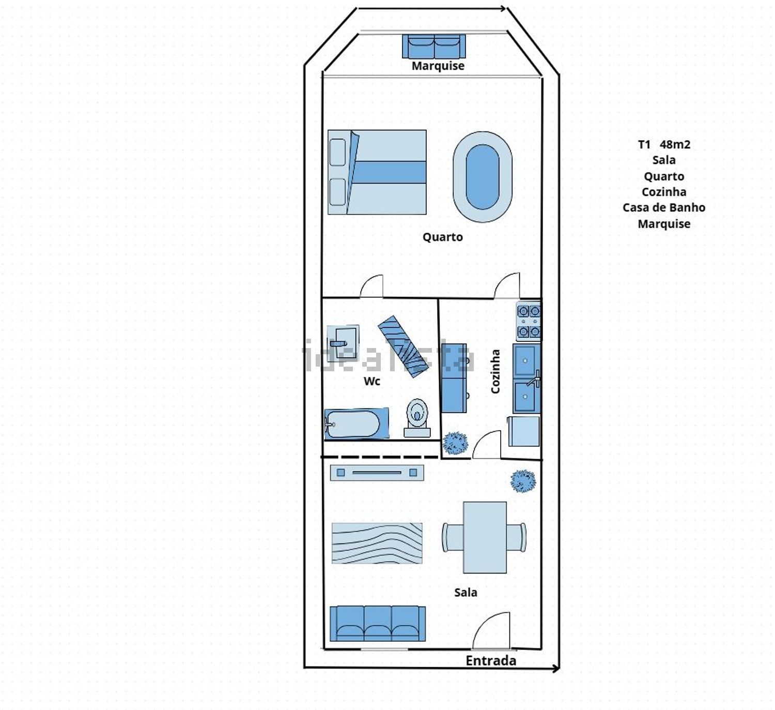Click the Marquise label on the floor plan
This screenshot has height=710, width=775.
tap(438, 66)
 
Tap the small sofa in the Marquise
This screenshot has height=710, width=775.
tap(434, 46)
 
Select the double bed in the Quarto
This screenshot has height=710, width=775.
tap(377, 172)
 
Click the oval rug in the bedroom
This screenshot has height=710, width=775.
tap(483, 177)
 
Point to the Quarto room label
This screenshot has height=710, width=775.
tap(442, 237)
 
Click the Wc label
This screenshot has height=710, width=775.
tap(371, 381)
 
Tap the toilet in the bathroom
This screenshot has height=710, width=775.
tap(417, 418)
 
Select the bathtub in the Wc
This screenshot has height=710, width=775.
tap(357, 424)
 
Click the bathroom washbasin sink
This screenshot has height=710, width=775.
tap(343, 343)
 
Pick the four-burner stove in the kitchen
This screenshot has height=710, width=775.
tap(529, 321)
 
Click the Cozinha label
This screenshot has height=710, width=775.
tap(495, 372)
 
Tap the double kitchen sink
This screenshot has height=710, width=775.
tap(526, 379)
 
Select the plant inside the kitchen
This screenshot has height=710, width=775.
tap(455, 443)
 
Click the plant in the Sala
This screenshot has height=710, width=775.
tap(523, 481)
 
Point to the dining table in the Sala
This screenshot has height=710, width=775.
tap(485, 537)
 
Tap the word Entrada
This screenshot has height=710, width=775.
tap(491, 661)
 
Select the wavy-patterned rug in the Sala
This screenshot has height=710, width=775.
tap(377, 543)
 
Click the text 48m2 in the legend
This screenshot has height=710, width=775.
tap(675, 145)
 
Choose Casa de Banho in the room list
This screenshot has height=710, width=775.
tap(664, 208)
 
